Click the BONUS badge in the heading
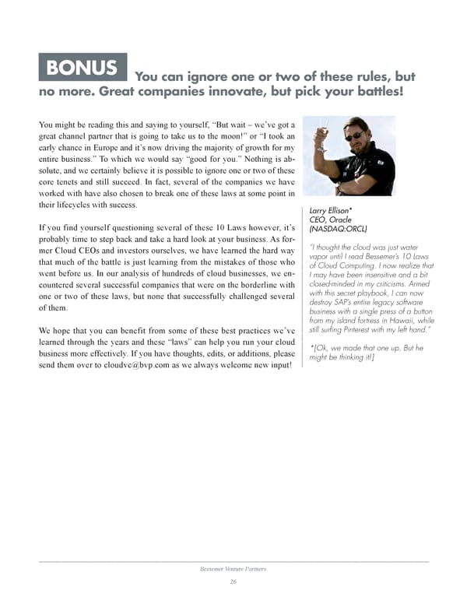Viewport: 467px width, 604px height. click(83, 67)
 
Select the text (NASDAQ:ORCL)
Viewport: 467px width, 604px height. click(339, 230)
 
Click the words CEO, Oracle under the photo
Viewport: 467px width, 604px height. click(332, 220)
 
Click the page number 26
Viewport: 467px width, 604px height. click(233, 582)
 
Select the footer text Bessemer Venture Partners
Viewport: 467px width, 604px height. click(233, 569)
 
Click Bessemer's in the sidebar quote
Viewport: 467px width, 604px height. click(381, 258)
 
